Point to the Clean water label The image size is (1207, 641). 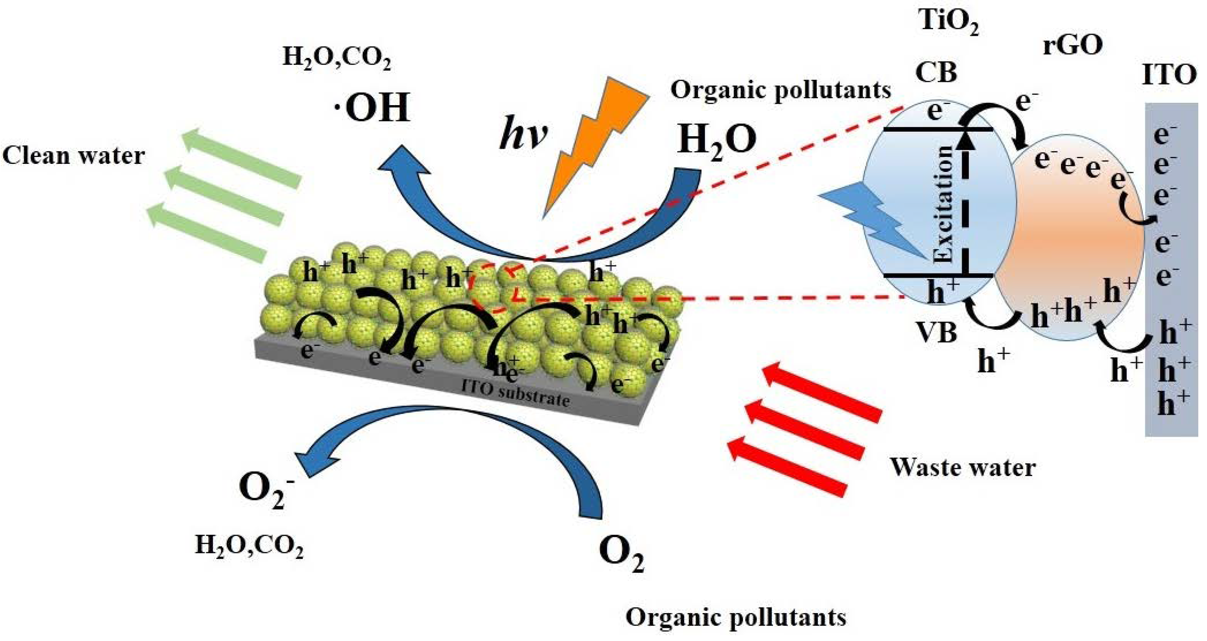pos(74,156)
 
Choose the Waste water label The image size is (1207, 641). pos(963,467)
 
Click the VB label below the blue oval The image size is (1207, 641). pos(937,332)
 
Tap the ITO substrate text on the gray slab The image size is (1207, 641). pos(515,393)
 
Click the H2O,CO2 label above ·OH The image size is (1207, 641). pos(336,59)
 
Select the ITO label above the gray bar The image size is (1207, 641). pos(1169,75)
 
